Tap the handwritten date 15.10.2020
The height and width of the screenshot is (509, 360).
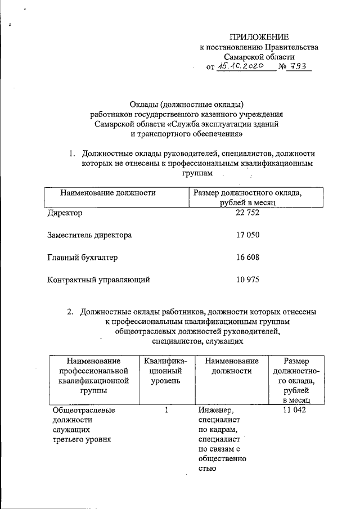click(245, 67)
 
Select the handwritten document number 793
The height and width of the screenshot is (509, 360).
click(299, 67)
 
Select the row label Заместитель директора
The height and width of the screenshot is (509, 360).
click(89, 235)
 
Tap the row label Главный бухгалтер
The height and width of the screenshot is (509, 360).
click(82, 257)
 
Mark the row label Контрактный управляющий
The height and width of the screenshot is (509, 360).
click(98, 279)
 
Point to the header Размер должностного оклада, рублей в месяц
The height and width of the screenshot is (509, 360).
click(247, 198)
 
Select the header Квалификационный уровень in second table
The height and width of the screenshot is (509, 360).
click(165, 371)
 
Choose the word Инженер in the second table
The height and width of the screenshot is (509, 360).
click(215, 410)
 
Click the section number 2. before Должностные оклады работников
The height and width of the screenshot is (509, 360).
click(70, 311)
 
